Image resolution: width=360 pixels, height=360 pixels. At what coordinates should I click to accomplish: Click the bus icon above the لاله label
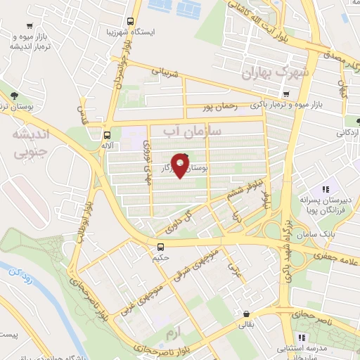[x=107, y=135]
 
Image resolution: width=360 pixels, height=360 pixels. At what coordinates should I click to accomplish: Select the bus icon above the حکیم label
[x=161, y=247]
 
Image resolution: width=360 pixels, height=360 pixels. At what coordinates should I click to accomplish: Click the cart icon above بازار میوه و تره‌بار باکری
[x=285, y=94]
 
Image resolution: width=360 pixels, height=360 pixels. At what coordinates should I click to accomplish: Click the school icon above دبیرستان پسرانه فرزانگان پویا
[x=325, y=189]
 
